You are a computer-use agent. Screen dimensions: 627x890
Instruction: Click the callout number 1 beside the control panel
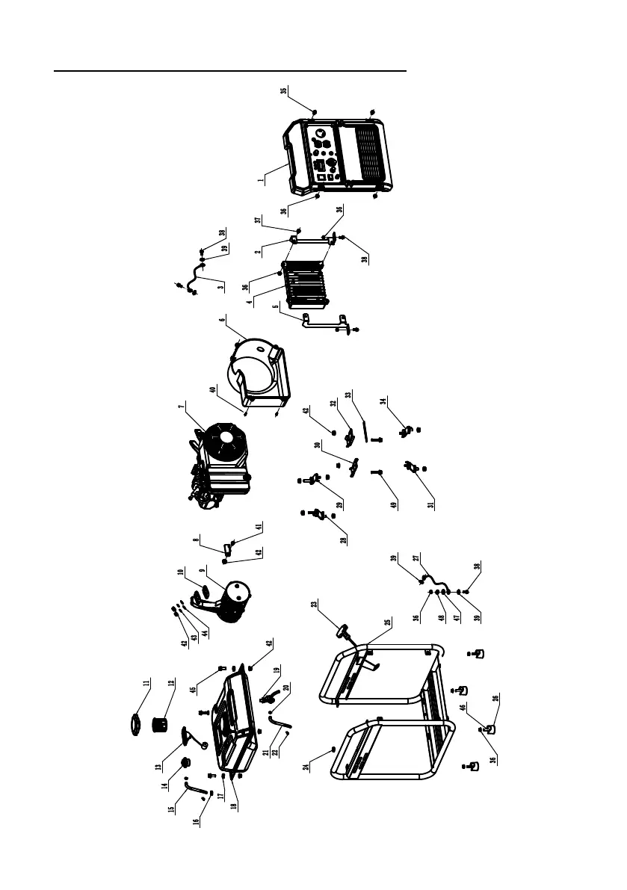coord(261,180)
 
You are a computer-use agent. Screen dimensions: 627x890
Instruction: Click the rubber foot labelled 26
coord(491,727)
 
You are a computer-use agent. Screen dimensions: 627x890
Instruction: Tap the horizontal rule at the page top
coord(232,72)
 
